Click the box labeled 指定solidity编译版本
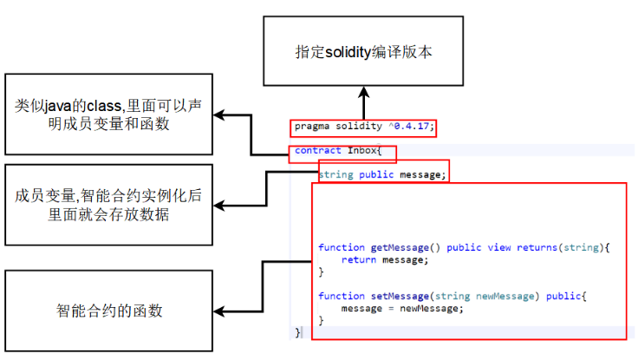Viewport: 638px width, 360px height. (363, 52)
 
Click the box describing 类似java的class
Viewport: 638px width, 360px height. (107, 114)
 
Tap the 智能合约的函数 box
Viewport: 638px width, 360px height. (107, 310)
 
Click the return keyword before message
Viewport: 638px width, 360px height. (358, 259)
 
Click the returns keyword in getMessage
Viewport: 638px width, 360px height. (537, 247)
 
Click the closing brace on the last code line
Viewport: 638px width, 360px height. (298, 331)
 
